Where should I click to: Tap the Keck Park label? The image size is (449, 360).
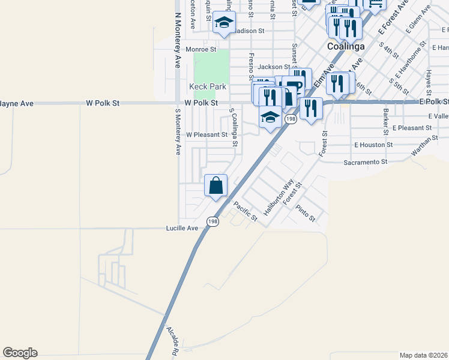[x=208, y=86]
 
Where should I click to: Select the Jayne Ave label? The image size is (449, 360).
[x=16, y=103]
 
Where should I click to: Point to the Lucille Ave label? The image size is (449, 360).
[x=182, y=229]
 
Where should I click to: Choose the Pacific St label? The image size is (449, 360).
[x=245, y=211]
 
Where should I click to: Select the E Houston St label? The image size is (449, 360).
[x=373, y=145]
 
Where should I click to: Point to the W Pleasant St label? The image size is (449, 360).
[x=207, y=135]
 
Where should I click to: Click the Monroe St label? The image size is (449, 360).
[x=200, y=49]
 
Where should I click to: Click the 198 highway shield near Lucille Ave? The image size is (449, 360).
[x=212, y=221]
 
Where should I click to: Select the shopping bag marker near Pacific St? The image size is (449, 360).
[x=215, y=185]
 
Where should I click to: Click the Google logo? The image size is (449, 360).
[x=20, y=353]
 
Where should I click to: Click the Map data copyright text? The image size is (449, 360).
[x=423, y=355]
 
